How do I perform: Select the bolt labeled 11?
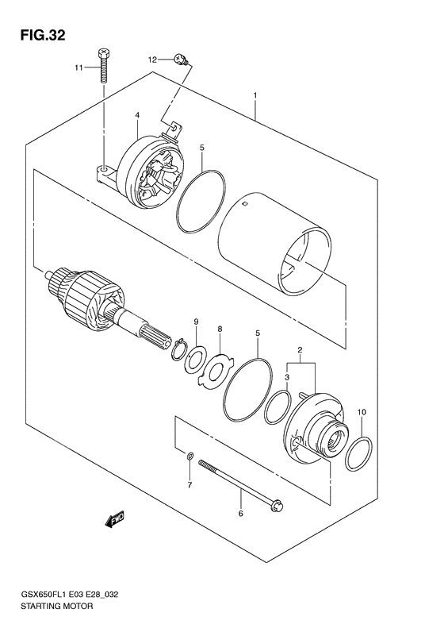pos(104,66)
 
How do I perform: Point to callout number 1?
pos(255,97)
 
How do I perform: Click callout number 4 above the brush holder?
pos(137,116)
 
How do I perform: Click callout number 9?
pos(193,322)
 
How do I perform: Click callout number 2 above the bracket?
pos(299,350)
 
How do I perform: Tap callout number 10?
pos(362,412)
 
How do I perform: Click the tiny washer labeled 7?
pos(189,457)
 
